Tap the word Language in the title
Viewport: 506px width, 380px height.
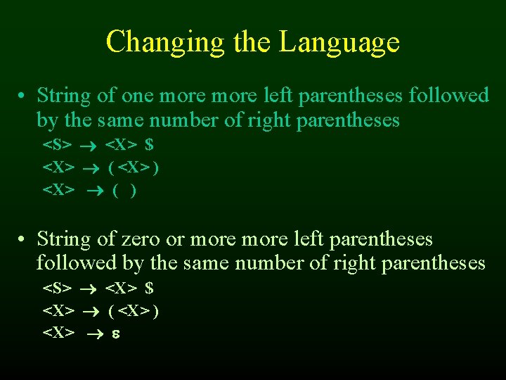click(x=339, y=42)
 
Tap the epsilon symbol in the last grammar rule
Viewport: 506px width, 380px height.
click(x=115, y=333)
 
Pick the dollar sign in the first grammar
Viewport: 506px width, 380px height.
click(x=149, y=145)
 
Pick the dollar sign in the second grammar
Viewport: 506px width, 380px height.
click(x=149, y=288)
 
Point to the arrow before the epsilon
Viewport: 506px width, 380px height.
click(x=93, y=333)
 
